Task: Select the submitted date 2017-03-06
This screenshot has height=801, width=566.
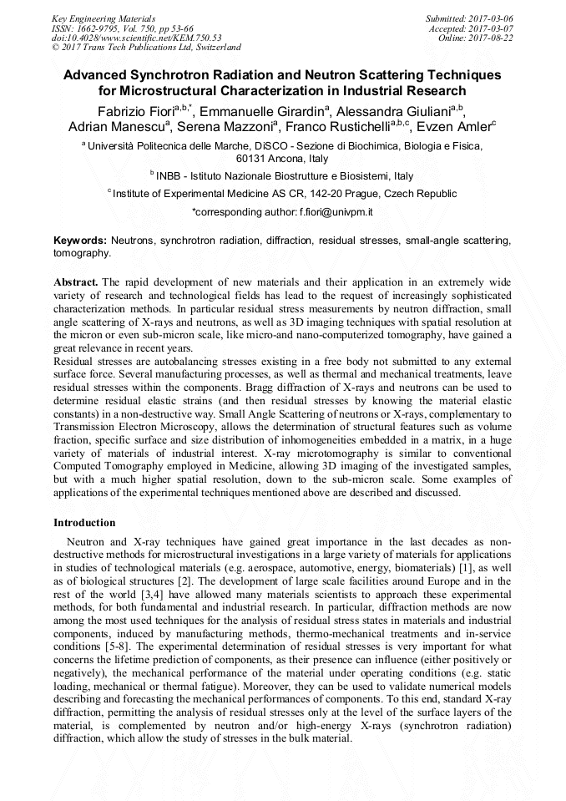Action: point(490,18)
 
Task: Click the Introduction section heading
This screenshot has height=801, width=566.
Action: point(84,523)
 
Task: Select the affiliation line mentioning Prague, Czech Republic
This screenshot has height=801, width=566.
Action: point(284,194)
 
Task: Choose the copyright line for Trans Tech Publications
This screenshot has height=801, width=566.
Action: point(146,48)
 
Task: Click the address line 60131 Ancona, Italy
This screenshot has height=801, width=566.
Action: point(282,158)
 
